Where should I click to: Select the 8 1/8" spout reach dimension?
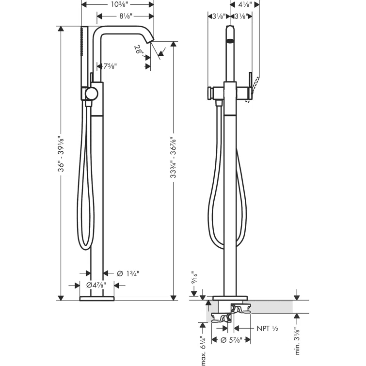pos(126,16)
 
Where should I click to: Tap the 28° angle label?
pos(139,50)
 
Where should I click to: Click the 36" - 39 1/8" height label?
pos(61,154)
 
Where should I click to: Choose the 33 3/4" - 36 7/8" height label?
pos(173,158)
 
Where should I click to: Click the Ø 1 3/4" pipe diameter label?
pos(128,273)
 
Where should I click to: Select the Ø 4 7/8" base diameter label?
pos(96,285)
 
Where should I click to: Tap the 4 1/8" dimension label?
pos(245,4)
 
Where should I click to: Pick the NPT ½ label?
pos(268,329)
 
